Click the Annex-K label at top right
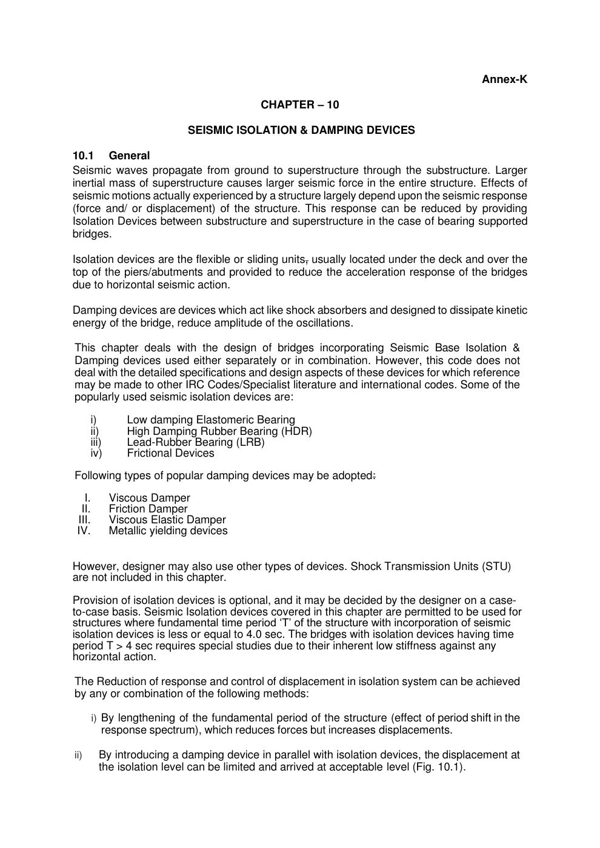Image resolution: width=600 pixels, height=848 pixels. pyautogui.click(x=504, y=79)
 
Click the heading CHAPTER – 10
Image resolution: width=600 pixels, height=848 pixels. pyautogui.click(x=300, y=105)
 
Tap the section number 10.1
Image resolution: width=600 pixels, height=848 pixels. pyautogui.click(x=81, y=156)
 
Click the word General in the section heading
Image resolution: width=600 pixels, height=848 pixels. pyautogui.click(x=129, y=156)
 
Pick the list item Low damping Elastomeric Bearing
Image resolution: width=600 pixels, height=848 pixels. pyautogui.click(x=211, y=420)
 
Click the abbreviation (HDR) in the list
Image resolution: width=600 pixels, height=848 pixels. pyautogui.click(x=296, y=431)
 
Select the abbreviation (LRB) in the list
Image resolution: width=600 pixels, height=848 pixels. pyautogui.click(x=251, y=442)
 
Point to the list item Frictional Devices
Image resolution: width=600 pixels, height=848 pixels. pyautogui.click(x=170, y=453)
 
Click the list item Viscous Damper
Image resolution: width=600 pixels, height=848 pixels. pyautogui.click(x=149, y=498)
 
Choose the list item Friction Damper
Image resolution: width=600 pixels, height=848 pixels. pyautogui.click(x=148, y=509)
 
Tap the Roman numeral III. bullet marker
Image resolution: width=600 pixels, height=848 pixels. pyautogui.click(x=84, y=520)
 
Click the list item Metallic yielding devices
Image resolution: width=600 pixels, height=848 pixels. pyautogui.click(x=168, y=531)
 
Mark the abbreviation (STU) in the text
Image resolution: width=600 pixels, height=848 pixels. pyautogui.click(x=496, y=566)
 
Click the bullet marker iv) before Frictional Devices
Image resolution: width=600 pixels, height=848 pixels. pyautogui.click(x=96, y=453)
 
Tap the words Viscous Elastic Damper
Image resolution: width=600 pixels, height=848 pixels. pyautogui.click(x=167, y=520)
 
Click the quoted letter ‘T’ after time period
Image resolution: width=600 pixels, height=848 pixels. pyautogui.click(x=274, y=623)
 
